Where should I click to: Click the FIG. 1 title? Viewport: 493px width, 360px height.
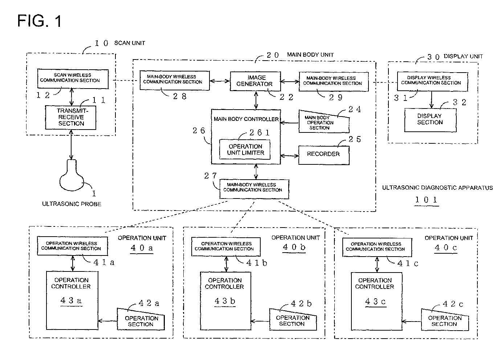(x=40, y=21)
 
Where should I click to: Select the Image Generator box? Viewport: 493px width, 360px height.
(x=255, y=81)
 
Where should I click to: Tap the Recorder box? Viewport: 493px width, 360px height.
(x=324, y=155)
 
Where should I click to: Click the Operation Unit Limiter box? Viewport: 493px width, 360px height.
(x=245, y=150)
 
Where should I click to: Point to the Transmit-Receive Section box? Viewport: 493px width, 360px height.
(x=71, y=118)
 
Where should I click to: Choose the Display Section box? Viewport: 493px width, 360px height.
(x=430, y=120)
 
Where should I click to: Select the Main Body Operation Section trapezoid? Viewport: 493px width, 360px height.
(x=324, y=122)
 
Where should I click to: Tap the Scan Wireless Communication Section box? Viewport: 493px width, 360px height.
(x=73, y=79)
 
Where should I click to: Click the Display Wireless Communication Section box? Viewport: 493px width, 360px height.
(x=432, y=81)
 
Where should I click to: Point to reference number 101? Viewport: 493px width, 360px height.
(x=426, y=200)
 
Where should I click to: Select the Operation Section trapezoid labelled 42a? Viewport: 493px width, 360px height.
(x=141, y=319)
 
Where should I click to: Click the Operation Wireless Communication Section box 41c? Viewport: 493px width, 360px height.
(x=377, y=247)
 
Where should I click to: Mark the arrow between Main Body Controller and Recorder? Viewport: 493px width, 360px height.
(x=290, y=156)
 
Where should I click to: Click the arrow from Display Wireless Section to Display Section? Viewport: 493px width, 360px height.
(x=432, y=100)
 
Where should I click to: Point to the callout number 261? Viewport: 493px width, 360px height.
(x=260, y=132)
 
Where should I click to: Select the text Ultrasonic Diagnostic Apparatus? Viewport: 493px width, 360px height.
(x=437, y=188)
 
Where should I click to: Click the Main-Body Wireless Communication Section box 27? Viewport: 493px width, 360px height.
(x=254, y=189)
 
